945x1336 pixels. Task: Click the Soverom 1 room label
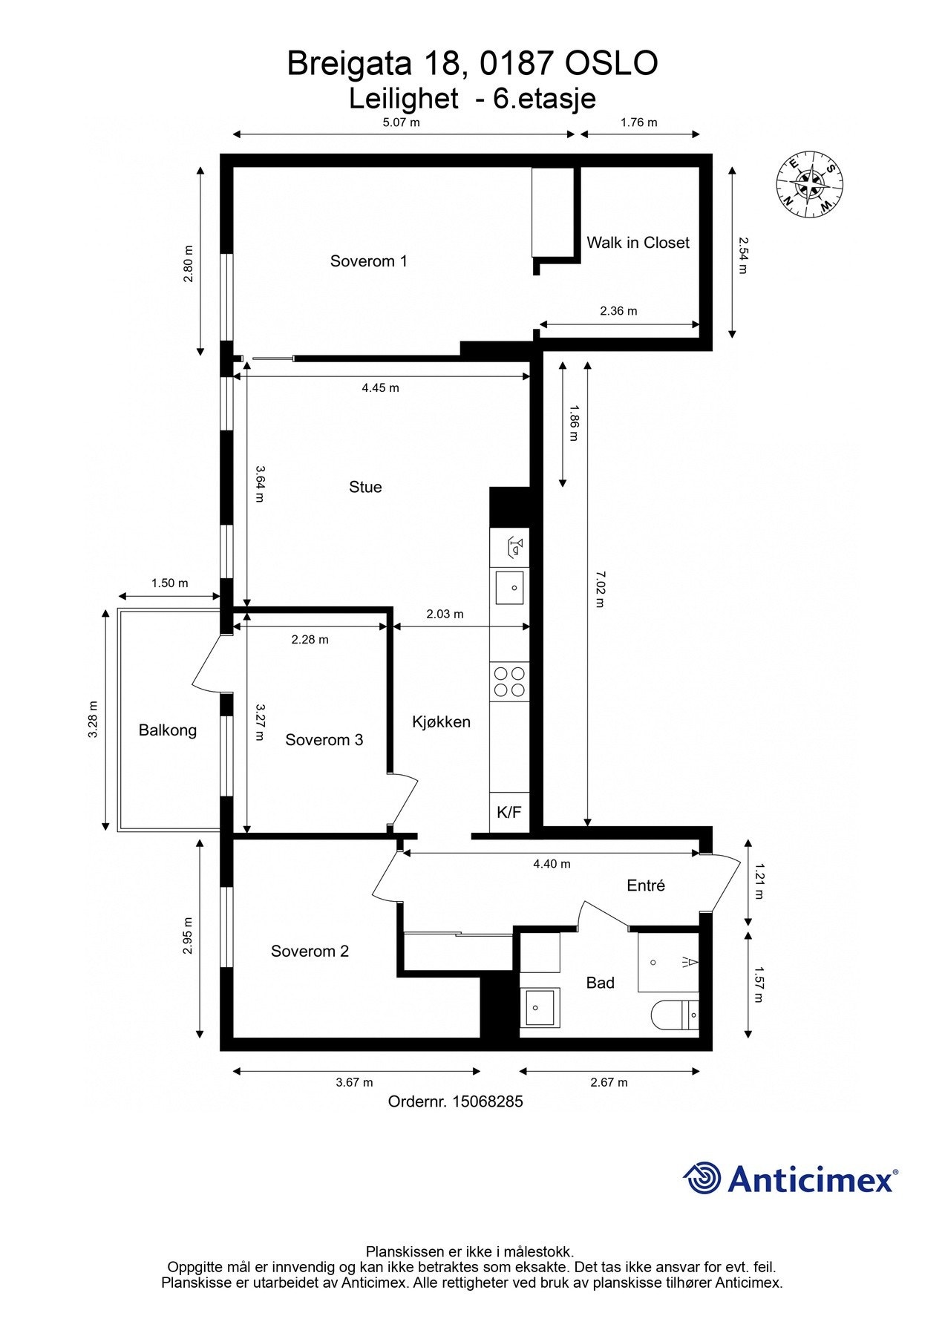[368, 261]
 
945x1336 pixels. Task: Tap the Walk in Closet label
[638, 243]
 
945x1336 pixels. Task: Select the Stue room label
[365, 487]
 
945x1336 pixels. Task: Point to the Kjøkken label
[441, 721]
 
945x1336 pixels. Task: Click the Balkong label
[168, 730]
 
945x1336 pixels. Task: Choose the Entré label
[646, 885]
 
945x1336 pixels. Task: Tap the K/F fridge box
[509, 812]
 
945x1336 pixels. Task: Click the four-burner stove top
[509, 682]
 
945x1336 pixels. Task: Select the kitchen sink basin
[509, 588]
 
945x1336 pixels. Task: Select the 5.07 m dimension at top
[402, 122]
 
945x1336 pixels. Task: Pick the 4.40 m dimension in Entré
[552, 863]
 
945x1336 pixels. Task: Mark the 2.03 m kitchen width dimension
[445, 614]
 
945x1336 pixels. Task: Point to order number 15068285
[487, 1101]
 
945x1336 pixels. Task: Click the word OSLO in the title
[612, 64]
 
